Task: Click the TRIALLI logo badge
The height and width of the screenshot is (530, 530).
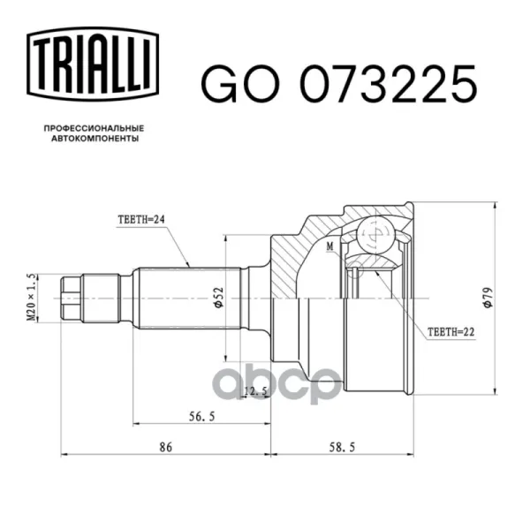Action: point(93,64)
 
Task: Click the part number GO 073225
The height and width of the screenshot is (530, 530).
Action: point(339,84)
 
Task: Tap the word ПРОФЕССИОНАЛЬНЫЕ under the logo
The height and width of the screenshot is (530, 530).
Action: point(94,128)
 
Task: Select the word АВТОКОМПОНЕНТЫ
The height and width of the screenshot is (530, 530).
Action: point(95,139)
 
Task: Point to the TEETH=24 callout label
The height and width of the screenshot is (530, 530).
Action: point(141,220)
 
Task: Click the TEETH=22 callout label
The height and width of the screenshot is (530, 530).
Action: point(450,332)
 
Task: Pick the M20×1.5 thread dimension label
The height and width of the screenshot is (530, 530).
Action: point(31,298)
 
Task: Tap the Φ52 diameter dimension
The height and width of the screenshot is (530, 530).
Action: point(219,298)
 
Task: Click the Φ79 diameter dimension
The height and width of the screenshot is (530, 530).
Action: point(488,298)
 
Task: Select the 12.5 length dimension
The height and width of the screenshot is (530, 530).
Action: point(255,391)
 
